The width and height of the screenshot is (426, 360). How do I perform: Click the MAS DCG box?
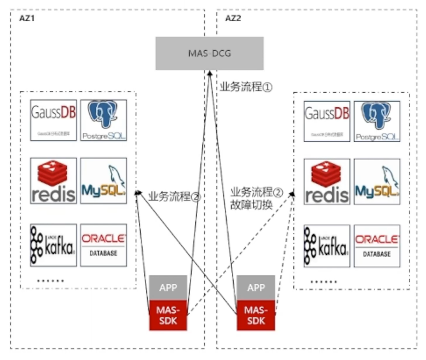[x=209, y=53]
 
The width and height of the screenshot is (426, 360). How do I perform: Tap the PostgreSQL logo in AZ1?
[x=103, y=120]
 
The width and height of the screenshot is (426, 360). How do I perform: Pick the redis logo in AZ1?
[x=53, y=181]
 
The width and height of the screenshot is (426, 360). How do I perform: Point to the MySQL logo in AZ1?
[x=103, y=181]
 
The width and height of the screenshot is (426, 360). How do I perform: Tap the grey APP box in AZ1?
[x=169, y=288]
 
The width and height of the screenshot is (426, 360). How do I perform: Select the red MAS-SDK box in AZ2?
[x=256, y=316]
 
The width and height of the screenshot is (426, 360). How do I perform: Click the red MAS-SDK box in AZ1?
[x=169, y=316]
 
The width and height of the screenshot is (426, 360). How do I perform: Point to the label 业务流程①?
[x=246, y=86]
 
